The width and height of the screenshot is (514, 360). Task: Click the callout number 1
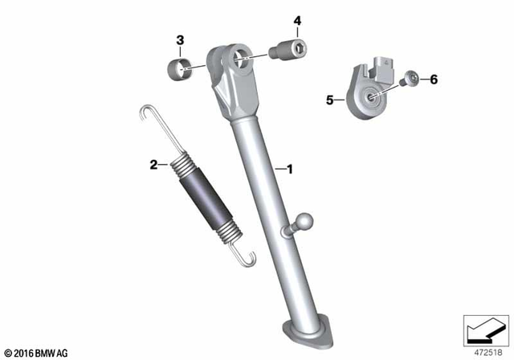pos(290,170)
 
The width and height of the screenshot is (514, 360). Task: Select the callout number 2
pos(153,166)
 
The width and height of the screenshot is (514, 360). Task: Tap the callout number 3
pos(180,39)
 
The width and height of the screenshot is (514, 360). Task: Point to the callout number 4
pos(296,20)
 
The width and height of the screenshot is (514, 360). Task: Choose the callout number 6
pos(434,79)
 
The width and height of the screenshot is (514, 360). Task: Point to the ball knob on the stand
pos(306,222)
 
